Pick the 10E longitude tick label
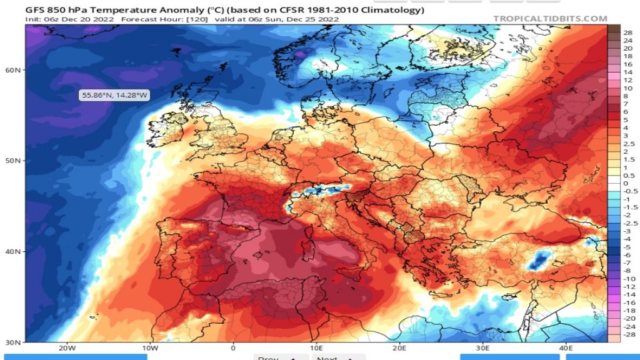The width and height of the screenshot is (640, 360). coord(316,347)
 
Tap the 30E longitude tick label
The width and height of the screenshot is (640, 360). coord(482,347)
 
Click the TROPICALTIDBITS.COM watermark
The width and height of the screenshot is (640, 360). coord(550,19)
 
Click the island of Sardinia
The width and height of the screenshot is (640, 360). coord(307,242)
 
